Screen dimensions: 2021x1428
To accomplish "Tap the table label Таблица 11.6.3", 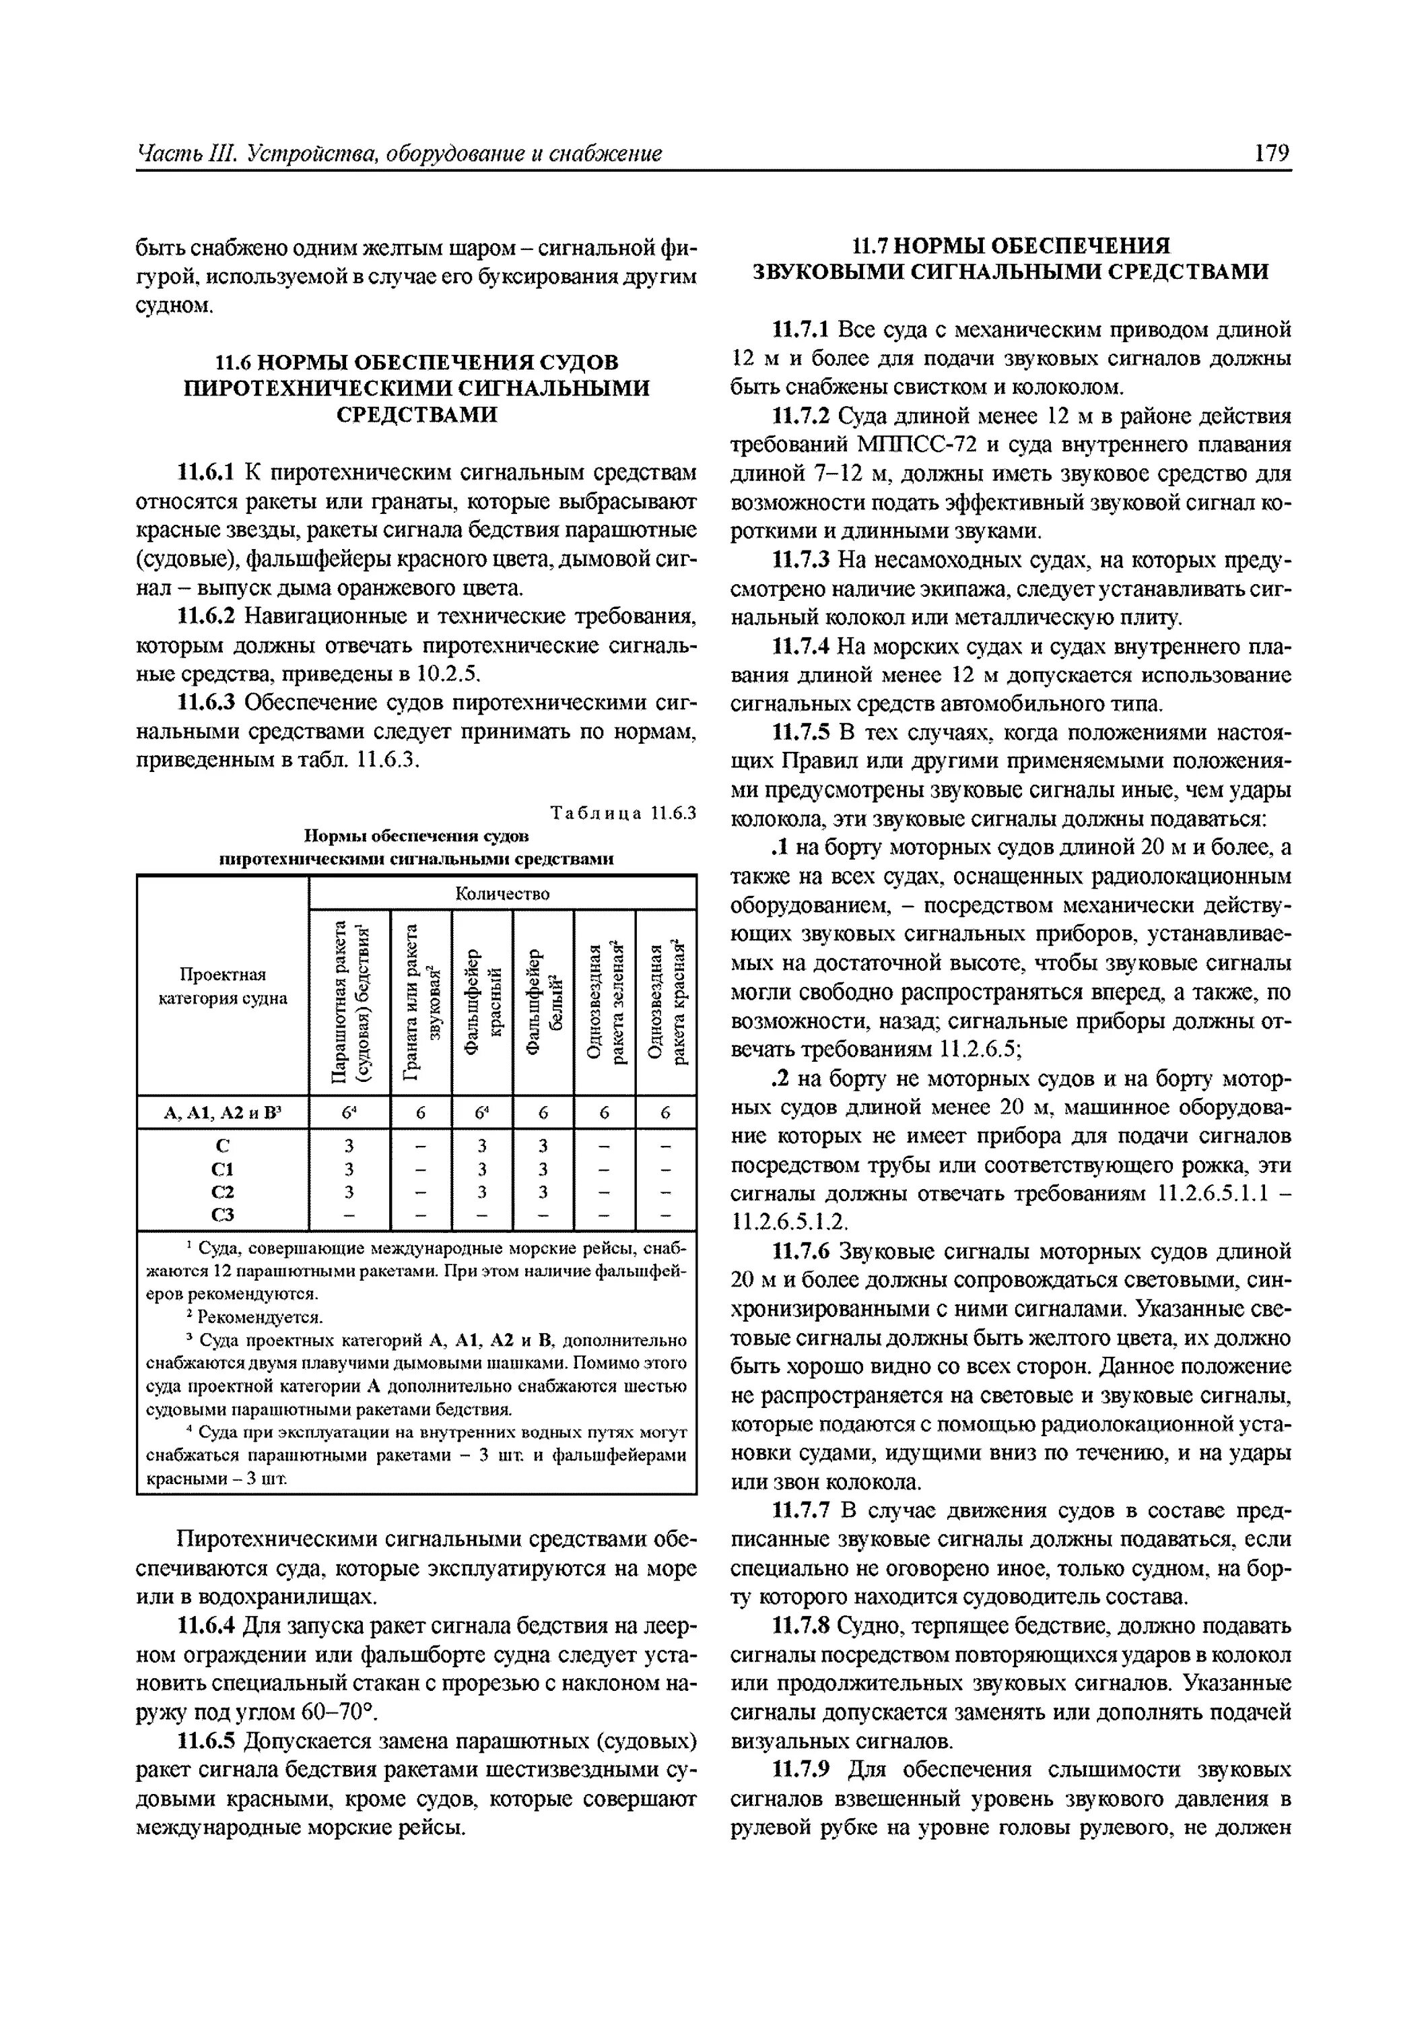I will pyautogui.click(x=623, y=812).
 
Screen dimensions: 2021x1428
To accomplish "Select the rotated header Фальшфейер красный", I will pyautogui.click(x=482, y=1002).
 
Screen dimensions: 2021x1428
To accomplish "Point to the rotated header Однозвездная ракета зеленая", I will pyautogui.click(x=605, y=1002).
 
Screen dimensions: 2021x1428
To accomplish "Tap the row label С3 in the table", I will pyautogui.click(x=223, y=1215).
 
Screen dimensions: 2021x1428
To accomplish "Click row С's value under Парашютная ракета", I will pyautogui.click(x=349, y=1146).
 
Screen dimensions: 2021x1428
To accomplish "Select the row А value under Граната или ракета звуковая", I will pyautogui.click(x=421, y=1114).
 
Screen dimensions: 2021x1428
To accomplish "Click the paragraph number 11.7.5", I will pyautogui.click(x=801, y=733).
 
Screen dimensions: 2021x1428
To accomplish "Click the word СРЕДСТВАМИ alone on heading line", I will pyautogui.click(x=416, y=414).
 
